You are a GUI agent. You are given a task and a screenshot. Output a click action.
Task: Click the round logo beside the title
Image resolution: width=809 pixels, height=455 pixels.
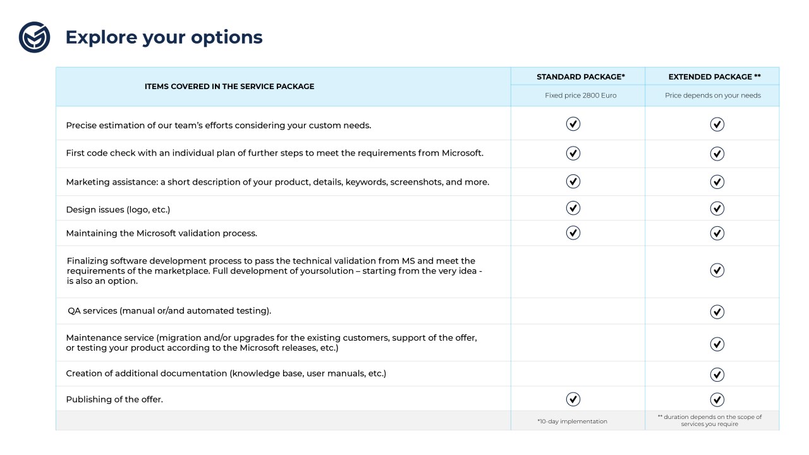click(34, 37)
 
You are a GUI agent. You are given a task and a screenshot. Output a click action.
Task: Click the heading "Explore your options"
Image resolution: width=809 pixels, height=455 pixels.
click(164, 37)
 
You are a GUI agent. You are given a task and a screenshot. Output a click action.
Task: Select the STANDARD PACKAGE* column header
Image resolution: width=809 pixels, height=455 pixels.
click(580, 77)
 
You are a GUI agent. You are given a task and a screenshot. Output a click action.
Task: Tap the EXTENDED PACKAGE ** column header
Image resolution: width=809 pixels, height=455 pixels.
click(714, 77)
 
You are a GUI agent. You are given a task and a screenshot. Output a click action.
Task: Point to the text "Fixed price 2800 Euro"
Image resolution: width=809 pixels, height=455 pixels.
click(580, 95)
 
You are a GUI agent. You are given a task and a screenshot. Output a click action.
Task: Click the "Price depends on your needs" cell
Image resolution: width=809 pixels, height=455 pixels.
click(712, 95)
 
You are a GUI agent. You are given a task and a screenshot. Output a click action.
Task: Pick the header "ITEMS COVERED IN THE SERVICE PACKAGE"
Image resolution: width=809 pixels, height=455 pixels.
click(229, 87)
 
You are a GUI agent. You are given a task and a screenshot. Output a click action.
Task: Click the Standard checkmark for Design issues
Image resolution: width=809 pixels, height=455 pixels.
click(573, 208)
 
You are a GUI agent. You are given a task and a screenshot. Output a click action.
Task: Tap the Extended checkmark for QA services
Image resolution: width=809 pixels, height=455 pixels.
click(717, 312)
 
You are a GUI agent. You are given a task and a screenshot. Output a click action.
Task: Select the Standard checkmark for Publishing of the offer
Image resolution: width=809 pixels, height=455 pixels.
click(573, 399)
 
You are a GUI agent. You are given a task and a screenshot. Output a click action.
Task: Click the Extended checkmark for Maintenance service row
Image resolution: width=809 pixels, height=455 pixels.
click(717, 344)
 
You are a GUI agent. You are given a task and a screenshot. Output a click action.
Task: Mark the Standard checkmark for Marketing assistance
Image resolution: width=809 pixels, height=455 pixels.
click(573, 181)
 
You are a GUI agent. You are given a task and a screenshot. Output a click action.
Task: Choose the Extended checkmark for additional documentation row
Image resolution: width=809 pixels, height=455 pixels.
click(717, 374)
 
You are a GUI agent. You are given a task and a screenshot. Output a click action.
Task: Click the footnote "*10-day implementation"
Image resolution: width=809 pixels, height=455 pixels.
click(572, 422)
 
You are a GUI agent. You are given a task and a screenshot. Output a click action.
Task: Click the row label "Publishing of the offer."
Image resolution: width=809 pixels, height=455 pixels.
click(114, 399)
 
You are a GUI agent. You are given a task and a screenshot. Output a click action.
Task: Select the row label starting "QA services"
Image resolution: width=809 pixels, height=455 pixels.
click(169, 311)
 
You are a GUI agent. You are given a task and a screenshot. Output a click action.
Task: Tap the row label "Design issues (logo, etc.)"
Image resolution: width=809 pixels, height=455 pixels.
click(118, 209)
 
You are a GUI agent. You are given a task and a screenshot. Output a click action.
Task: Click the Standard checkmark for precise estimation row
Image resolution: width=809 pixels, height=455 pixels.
click(573, 124)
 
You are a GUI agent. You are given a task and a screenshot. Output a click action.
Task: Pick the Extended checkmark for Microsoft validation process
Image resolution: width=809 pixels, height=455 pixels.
click(717, 233)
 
